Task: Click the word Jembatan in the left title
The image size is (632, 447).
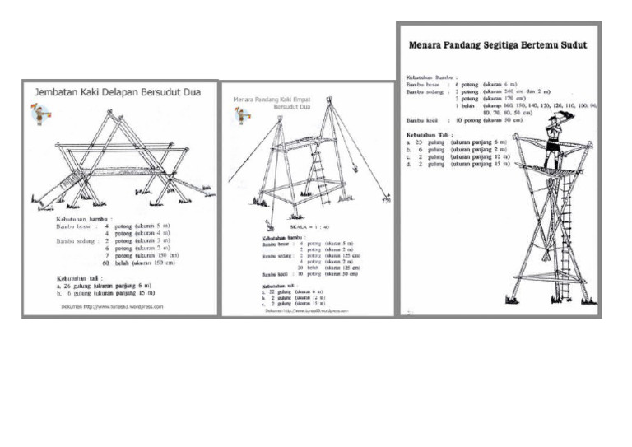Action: (58, 93)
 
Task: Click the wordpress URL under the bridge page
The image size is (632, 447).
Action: (112, 306)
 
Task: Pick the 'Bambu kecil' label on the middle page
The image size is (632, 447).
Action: (275, 273)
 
